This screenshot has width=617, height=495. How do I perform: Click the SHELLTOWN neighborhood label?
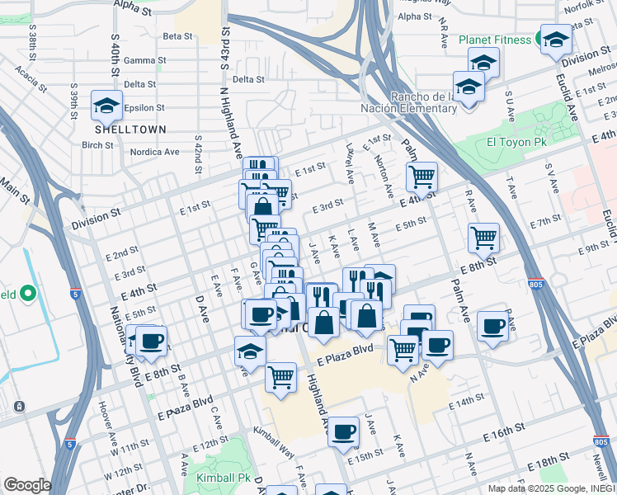(x=130, y=130)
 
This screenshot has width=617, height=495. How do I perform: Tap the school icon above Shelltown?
(x=106, y=105)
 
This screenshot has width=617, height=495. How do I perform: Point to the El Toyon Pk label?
(x=512, y=141)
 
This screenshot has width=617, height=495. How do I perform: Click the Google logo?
(x=27, y=484)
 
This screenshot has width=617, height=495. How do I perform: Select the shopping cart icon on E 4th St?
(x=422, y=175)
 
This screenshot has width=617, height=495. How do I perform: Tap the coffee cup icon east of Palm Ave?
(x=493, y=326)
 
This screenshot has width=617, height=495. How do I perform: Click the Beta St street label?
(x=177, y=36)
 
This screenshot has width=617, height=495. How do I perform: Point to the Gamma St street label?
(x=151, y=60)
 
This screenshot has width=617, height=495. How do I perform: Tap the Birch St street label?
(x=97, y=145)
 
